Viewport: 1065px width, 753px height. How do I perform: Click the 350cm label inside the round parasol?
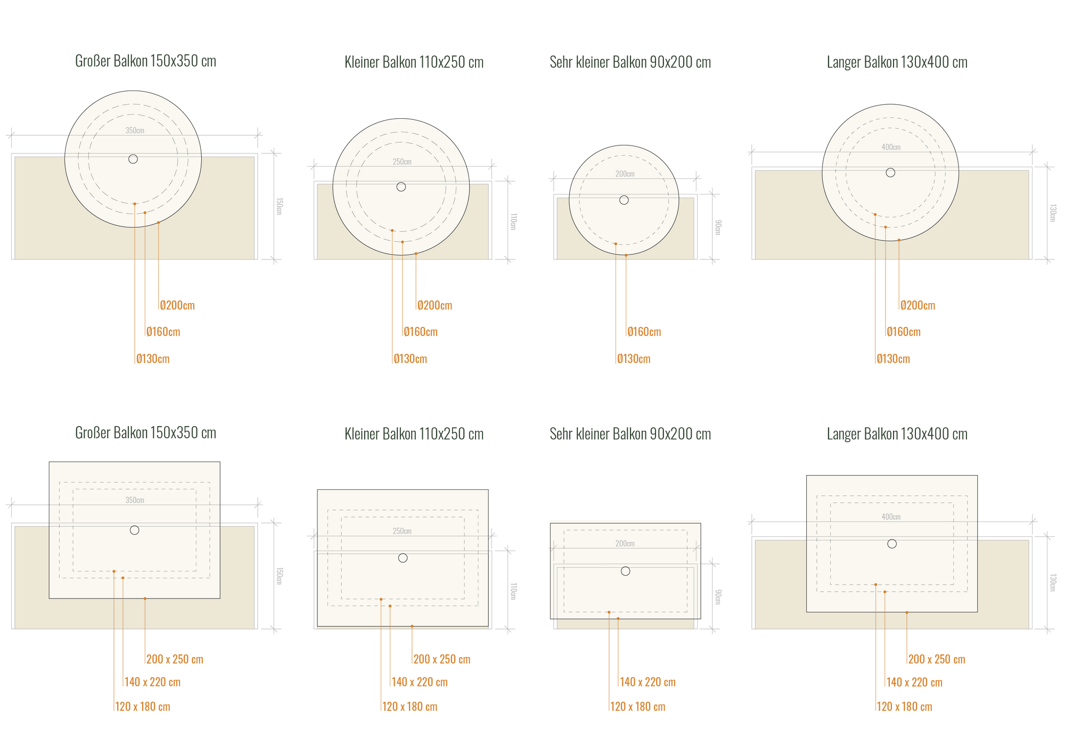click(x=135, y=130)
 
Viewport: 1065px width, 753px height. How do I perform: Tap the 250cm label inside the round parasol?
click(x=402, y=162)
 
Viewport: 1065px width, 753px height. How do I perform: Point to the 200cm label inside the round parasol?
click(x=625, y=174)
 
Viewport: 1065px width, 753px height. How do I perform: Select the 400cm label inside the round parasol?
click(x=891, y=148)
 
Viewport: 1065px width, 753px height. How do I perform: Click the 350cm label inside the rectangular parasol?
click(x=135, y=501)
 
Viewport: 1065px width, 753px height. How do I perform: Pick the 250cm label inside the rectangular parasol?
click(x=402, y=531)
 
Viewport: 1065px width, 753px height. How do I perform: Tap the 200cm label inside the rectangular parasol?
click(x=625, y=544)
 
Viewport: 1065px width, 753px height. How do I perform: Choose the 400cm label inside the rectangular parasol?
click(x=891, y=517)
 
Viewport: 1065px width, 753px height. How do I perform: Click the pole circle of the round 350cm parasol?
click(x=133, y=159)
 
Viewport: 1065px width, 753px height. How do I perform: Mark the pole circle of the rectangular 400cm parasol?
click(x=892, y=544)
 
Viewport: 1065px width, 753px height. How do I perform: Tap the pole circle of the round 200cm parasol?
click(x=624, y=200)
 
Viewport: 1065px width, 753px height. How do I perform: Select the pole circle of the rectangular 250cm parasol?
click(x=403, y=558)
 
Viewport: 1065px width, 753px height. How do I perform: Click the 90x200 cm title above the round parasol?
click(x=630, y=62)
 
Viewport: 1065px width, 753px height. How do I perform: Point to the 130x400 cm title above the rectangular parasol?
click(x=897, y=434)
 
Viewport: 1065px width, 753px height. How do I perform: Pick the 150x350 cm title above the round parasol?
click(x=145, y=61)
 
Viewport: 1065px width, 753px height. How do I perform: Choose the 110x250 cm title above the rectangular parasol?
click(x=414, y=434)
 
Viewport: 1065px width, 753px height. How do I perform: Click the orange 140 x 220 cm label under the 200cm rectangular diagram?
click(x=647, y=682)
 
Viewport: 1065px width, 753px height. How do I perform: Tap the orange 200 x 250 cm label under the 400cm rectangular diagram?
click(x=936, y=659)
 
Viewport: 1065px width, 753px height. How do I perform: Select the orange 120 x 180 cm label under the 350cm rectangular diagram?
click(x=142, y=707)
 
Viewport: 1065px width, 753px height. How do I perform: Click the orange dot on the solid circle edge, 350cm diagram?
click(x=158, y=222)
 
